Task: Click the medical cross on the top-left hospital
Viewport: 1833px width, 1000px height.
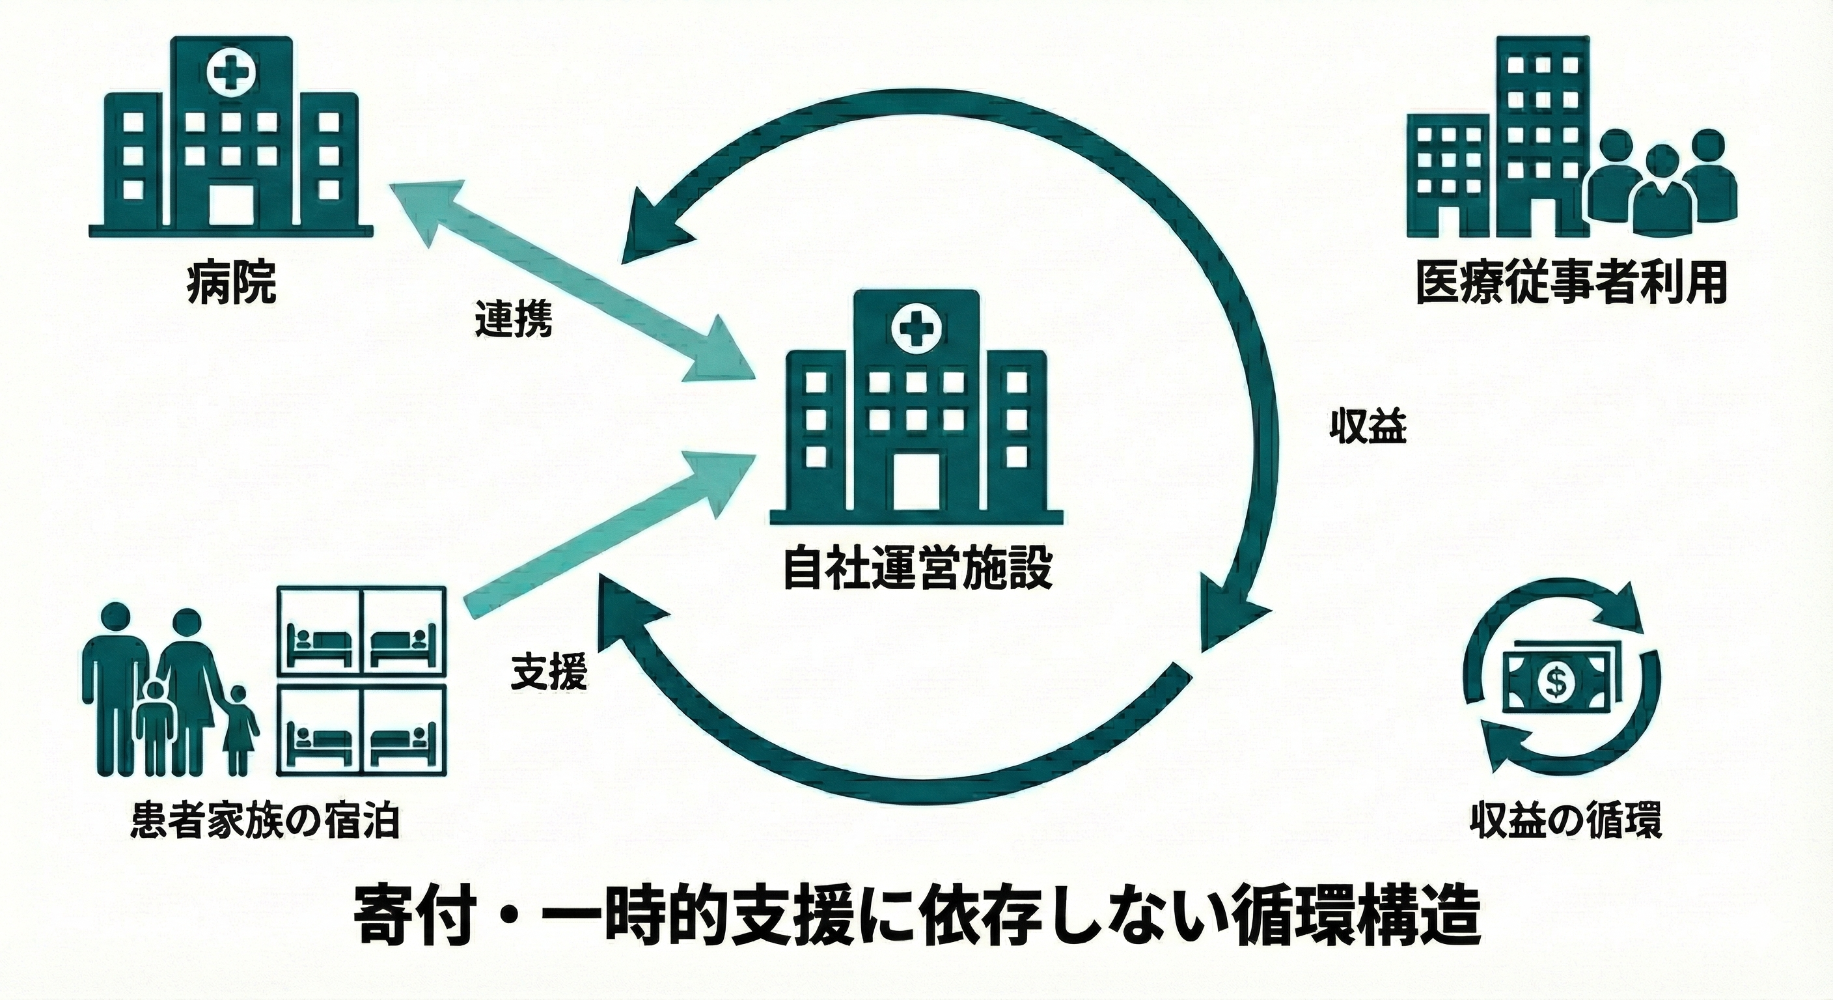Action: (229, 74)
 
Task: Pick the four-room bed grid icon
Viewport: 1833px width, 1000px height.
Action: (361, 680)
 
